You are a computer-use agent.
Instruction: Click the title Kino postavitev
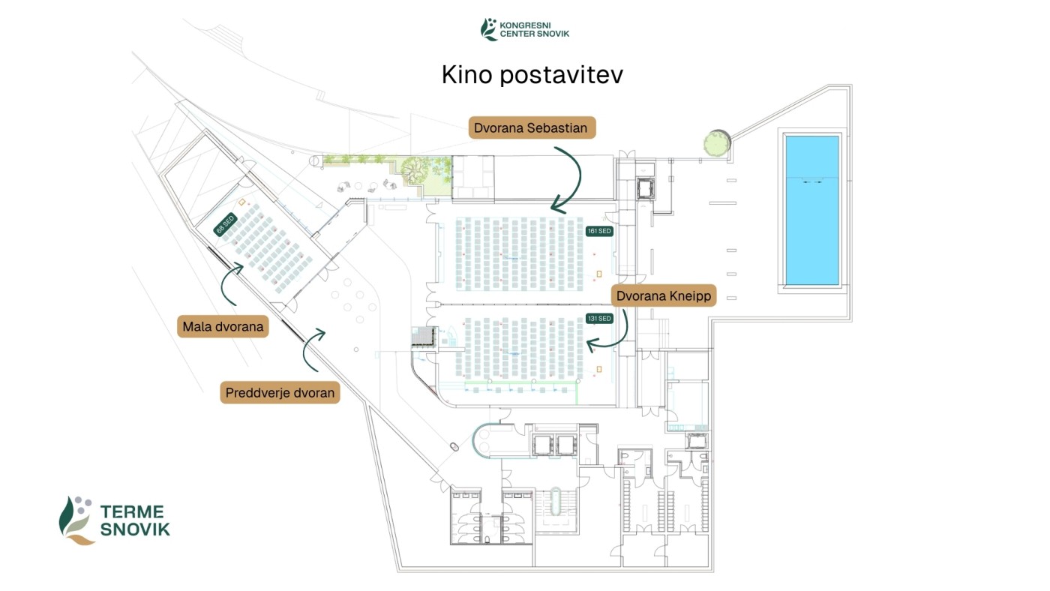point(532,75)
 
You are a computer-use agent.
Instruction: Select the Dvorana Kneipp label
point(664,296)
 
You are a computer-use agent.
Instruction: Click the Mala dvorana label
point(223,326)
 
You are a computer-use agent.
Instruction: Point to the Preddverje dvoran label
point(280,392)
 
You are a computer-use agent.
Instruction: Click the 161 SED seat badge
point(599,231)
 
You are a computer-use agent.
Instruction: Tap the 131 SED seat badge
point(599,318)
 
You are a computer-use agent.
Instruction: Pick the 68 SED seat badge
point(225,224)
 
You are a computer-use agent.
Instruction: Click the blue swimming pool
point(811,209)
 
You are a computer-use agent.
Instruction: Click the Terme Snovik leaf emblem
point(76,519)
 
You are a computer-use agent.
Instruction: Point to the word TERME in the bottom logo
point(132,512)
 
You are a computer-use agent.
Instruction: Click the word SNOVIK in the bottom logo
point(135,529)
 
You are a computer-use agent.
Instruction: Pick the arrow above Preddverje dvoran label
point(313,349)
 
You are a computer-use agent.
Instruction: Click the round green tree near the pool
point(715,142)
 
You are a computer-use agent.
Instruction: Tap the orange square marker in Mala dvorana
point(242,202)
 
